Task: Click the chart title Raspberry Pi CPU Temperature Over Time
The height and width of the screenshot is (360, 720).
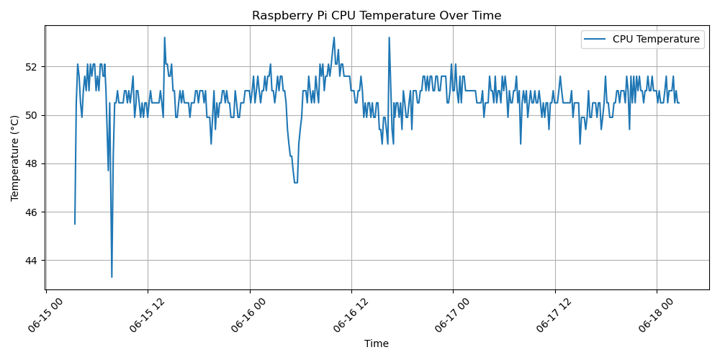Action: click(377, 16)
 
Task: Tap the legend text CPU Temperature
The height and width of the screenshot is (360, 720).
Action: click(656, 40)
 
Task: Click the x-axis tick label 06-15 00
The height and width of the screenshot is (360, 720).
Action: click(45, 317)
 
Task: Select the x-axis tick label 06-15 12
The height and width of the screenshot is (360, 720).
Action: click(146, 317)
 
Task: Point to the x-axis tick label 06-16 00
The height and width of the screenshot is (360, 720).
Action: click(248, 317)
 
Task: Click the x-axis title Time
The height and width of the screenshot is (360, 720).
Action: click(377, 344)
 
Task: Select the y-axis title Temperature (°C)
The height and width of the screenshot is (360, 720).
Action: click(15, 158)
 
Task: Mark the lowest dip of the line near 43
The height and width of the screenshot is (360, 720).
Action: click(112, 276)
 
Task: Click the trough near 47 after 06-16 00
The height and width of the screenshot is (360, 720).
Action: click(296, 182)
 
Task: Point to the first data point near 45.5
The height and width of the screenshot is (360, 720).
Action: click(75, 224)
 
